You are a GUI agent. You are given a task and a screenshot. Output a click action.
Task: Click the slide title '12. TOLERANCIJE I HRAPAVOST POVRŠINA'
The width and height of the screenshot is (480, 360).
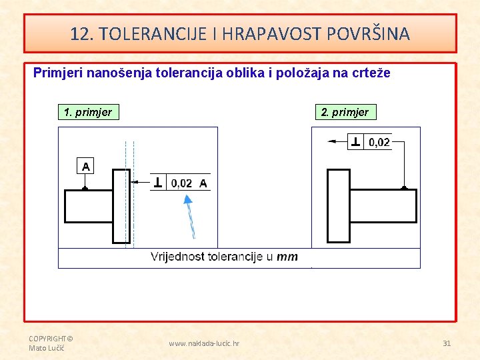240,33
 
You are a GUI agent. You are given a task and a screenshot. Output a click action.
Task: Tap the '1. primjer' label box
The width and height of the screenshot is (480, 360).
87,112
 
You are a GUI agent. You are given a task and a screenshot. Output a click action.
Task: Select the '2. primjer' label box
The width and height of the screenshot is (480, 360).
345,112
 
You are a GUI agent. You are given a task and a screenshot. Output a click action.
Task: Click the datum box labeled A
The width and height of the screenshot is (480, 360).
85,166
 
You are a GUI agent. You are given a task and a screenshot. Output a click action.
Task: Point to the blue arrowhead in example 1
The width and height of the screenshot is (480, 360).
188,199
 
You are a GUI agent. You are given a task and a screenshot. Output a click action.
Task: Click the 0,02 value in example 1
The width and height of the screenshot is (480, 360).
182,183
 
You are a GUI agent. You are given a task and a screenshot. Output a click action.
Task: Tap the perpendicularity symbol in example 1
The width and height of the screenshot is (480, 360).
158,183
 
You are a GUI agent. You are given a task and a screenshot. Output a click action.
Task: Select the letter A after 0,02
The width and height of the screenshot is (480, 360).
203,183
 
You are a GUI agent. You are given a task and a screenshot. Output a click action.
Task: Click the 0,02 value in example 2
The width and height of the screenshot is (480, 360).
379,142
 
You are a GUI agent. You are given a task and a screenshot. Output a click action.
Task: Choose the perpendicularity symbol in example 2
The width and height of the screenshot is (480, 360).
356,142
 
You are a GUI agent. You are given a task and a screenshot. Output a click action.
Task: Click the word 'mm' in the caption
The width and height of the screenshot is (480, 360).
287,257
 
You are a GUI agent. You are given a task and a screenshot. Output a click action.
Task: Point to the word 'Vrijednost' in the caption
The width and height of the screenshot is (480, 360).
177,257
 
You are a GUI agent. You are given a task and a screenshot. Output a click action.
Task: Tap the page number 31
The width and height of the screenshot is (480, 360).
447,343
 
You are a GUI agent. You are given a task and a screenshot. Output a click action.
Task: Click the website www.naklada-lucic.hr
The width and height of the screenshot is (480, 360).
204,343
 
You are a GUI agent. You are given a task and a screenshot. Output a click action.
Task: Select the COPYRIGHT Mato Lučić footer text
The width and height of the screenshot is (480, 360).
51,343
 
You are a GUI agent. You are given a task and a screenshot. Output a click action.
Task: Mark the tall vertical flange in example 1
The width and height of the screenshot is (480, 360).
121,206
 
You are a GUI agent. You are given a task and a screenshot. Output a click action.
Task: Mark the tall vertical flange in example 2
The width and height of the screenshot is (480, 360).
339,206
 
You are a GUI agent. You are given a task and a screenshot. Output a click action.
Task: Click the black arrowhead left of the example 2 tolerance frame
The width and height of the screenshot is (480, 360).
333,141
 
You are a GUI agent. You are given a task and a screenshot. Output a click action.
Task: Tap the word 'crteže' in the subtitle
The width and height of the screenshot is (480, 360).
369,73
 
